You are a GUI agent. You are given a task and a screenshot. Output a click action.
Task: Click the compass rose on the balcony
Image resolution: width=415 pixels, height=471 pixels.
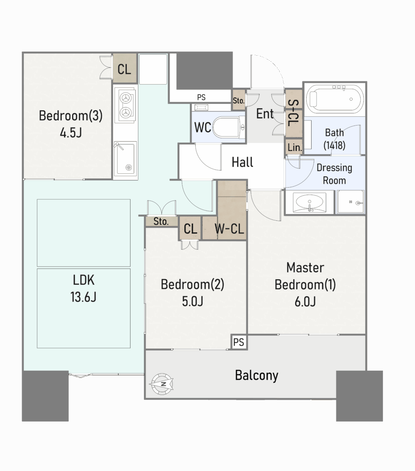click(162, 384)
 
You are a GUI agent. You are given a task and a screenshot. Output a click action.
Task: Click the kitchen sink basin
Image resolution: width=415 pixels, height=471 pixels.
click(125, 159)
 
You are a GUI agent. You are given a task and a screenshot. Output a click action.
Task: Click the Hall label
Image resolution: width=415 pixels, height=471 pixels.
click(243, 162)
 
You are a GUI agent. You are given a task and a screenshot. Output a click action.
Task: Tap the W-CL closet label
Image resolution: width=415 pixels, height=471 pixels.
click(229, 229)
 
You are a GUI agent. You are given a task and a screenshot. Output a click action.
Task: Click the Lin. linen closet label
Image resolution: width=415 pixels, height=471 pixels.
click(295, 147)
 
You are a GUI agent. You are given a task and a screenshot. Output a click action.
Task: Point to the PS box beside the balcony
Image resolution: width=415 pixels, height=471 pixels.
click(239, 342)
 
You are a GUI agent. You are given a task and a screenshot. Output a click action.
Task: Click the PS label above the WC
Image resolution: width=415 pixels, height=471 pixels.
click(201, 98)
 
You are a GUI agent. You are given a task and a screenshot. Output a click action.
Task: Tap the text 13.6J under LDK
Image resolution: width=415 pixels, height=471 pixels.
click(84, 297)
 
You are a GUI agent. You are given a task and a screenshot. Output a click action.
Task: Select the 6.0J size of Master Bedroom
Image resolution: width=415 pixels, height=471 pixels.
click(305, 301)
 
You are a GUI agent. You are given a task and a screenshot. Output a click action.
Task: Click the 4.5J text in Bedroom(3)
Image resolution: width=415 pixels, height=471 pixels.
click(71, 132)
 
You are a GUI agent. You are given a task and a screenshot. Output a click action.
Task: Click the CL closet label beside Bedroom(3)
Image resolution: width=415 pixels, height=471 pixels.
click(124, 69)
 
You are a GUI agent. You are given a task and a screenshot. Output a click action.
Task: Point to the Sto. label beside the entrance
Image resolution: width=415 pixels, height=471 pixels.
click(239, 101)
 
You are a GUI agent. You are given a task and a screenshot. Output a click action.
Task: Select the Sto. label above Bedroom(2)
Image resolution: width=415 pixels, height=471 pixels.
click(161, 221)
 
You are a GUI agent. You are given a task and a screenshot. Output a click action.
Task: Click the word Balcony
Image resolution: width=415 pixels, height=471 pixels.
click(256, 375)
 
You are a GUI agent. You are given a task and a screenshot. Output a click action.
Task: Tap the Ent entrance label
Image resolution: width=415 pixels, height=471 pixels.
click(265, 114)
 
